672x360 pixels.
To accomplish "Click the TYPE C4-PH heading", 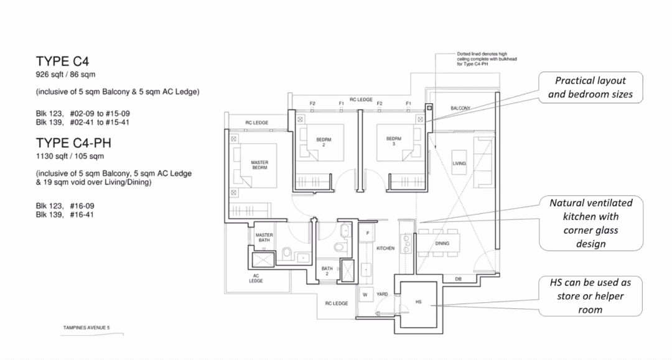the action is pos(73,143).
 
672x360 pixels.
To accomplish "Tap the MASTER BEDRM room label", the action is pos(259,165).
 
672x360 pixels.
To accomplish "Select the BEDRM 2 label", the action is pos(324,142).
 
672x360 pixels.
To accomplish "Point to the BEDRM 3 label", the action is pos(394,141).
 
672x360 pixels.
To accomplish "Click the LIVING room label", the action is pos(459,164).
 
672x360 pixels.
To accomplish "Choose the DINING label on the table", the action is pos(442,244).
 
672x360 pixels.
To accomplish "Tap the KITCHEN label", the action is pos(385,248).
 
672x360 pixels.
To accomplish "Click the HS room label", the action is pos(418,302).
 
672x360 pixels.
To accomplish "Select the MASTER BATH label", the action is pos(264,238).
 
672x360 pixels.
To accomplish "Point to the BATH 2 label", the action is pos(327,271).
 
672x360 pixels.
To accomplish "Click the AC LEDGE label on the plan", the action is pos(256,279).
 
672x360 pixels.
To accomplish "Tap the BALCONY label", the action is pos(460,108).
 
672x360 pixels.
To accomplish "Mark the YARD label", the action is pos(382,294).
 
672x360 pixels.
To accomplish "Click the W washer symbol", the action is pos(366,295).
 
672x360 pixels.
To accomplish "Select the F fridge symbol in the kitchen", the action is pos(367,233).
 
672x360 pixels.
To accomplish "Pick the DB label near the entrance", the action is pos(458,279).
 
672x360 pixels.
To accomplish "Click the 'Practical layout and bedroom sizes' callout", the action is pos(590,87).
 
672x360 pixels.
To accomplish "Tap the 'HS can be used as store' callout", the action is pos(590,296).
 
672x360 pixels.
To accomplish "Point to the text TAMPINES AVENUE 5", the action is pos(86,328).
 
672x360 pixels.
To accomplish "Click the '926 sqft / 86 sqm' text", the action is pos(65,75).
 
